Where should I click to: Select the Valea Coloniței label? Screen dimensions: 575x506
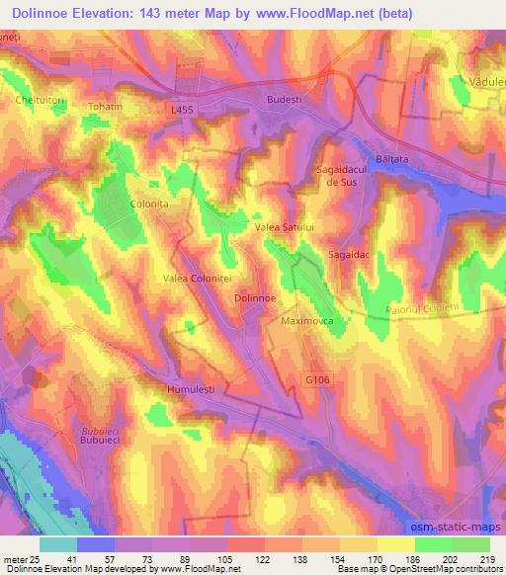198,280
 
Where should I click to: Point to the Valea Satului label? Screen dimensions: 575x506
285,227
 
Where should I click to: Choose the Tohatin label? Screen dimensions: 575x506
107,107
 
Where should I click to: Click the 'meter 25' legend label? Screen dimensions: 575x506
21,558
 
